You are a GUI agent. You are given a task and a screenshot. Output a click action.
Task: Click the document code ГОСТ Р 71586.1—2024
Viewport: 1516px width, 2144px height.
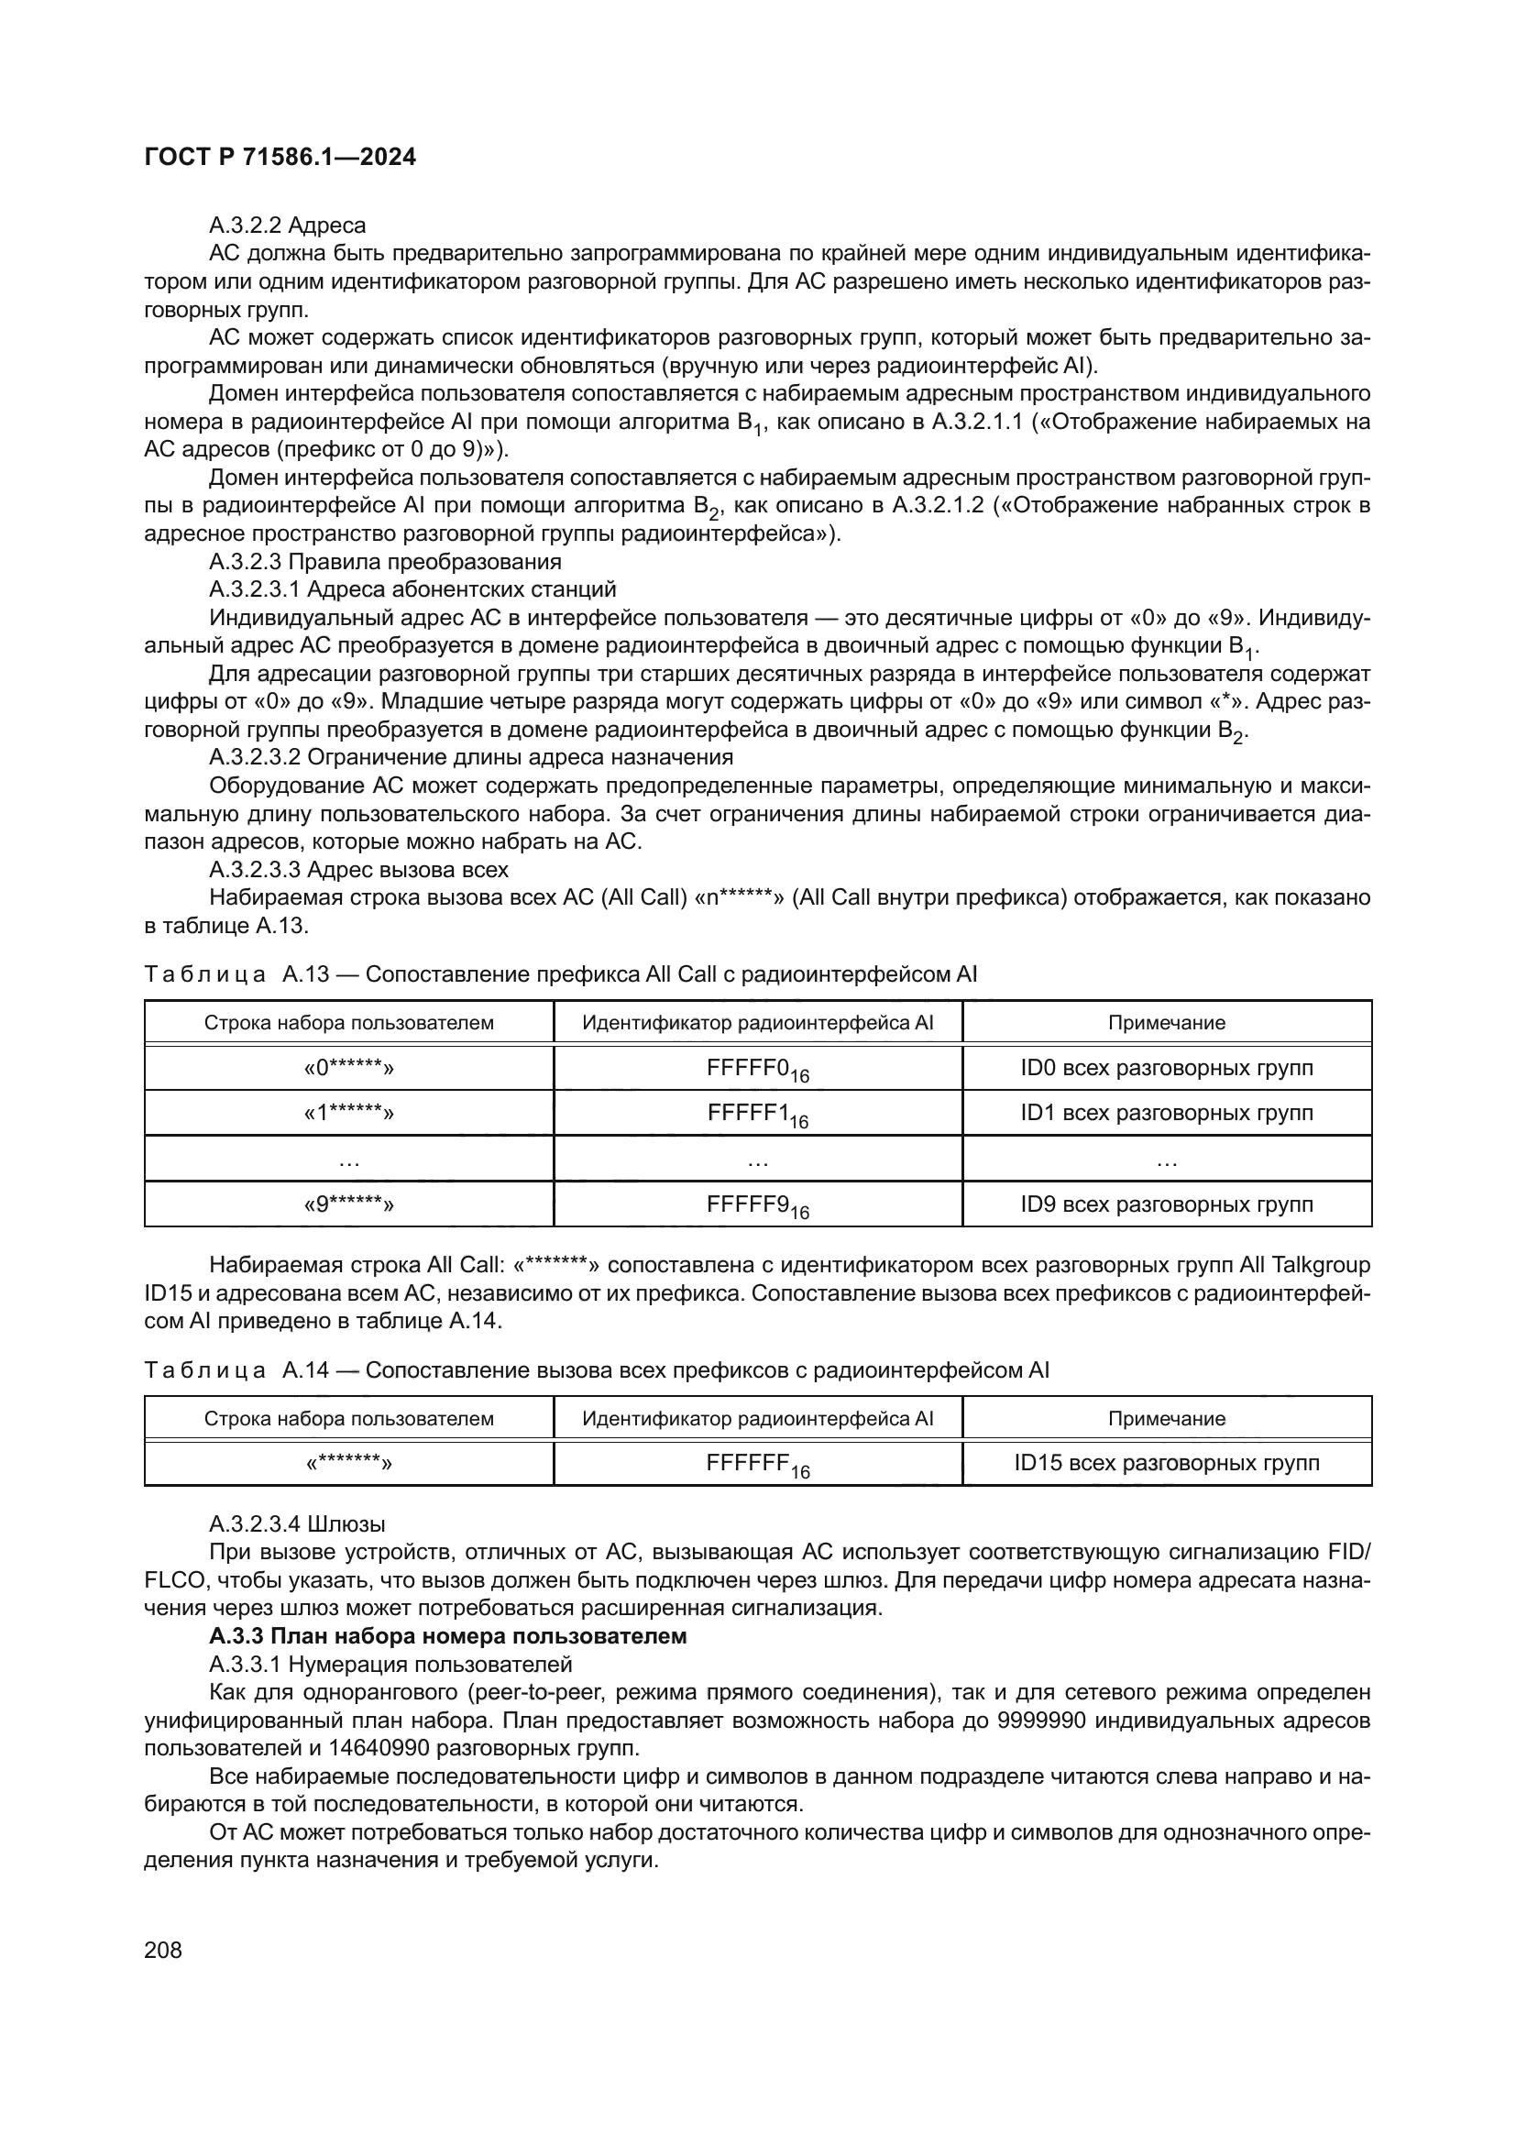pos(280,158)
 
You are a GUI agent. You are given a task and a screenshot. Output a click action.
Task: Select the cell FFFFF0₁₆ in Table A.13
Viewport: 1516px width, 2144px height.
pos(757,1068)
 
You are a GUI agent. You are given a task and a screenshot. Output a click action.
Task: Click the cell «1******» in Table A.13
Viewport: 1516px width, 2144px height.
pos(348,1113)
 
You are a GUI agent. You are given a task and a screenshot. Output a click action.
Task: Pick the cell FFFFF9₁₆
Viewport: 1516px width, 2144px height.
pos(757,1204)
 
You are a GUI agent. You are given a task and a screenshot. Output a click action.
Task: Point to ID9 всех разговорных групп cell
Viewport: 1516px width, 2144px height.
pos(1166,1204)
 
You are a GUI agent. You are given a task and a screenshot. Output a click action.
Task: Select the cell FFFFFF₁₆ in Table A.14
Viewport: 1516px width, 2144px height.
pos(757,1463)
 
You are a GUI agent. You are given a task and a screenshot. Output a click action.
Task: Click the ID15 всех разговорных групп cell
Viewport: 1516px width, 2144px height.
pos(1166,1462)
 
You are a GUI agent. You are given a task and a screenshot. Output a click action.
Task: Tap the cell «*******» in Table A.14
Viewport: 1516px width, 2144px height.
pos(348,1462)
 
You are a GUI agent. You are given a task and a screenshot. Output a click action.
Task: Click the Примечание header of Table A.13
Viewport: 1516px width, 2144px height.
pos(1166,1023)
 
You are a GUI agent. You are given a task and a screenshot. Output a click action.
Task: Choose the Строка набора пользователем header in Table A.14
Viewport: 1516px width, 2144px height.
pos(348,1418)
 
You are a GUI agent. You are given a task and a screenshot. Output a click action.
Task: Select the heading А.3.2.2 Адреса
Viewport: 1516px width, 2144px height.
pos(288,225)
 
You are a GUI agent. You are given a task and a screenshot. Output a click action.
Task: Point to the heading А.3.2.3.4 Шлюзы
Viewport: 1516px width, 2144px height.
pos(297,1524)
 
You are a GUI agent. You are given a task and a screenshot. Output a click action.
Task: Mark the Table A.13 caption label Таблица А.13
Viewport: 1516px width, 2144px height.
pos(237,975)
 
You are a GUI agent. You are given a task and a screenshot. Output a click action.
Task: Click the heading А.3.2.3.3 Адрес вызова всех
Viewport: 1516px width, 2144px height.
pos(358,869)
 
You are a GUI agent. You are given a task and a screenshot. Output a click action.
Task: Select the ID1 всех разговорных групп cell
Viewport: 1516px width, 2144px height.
pos(1166,1113)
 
